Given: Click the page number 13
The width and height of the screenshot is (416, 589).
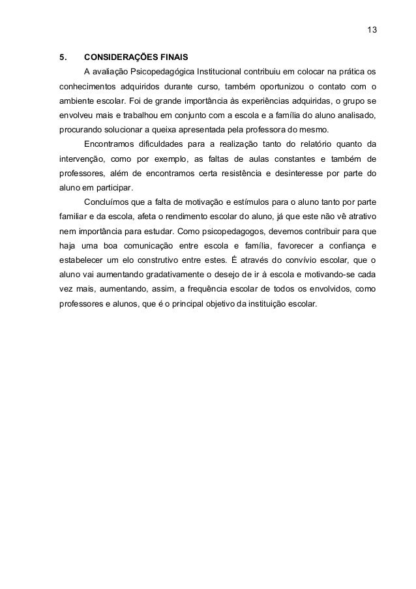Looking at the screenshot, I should click(x=372, y=31).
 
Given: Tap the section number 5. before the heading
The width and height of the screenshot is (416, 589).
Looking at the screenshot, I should click(x=63, y=56).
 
